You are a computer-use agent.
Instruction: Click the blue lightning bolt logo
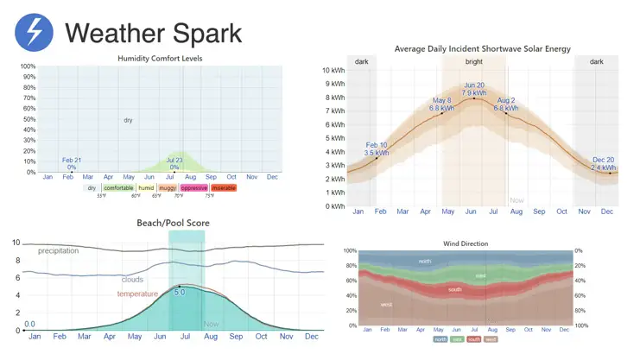34,33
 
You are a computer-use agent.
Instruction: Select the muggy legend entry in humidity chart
168,187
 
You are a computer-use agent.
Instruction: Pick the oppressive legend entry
193,187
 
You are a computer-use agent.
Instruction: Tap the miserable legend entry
223,187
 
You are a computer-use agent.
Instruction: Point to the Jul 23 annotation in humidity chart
174,163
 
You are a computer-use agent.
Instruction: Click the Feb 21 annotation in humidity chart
72,163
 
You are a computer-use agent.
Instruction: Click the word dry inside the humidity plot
128,120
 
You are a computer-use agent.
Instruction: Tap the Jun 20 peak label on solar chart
474,89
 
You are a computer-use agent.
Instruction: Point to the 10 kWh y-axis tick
333,71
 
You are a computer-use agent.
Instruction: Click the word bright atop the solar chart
474,61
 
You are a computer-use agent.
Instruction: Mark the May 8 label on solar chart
442,104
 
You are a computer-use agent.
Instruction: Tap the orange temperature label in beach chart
138,294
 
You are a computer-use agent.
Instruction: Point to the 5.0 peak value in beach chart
180,293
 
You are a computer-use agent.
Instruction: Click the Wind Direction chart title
466,243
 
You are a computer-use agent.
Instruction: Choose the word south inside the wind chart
455,289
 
